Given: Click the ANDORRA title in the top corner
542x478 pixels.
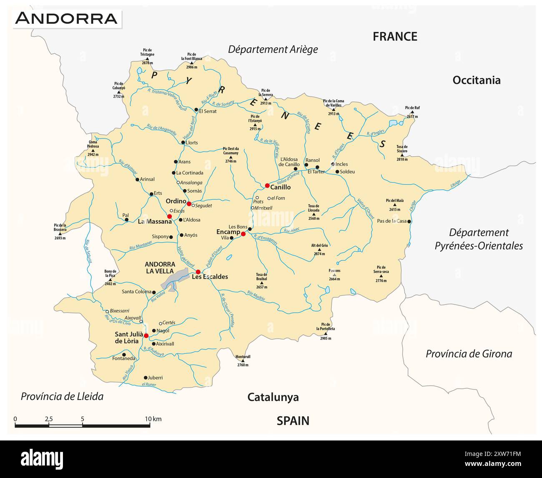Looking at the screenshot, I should (x=67, y=18).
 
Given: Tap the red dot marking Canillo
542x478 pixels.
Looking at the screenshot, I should (x=267, y=186).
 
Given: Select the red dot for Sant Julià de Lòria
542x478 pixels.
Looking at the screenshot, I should (x=146, y=335).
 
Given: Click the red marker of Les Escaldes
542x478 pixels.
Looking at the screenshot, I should (x=198, y=272).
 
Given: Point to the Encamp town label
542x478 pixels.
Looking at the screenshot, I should (x=228, y=232).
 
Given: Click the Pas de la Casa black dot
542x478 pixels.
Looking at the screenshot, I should (x=409, y=221).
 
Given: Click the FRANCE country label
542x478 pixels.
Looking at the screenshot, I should (x=394, y=37).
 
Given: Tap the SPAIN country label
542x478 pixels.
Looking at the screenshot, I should (x=293, y=421).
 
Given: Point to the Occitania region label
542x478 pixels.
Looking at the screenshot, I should (x=476, y=80).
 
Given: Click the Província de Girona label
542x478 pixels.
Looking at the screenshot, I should (x=469, y=354).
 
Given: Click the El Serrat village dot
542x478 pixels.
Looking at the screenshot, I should (x=196, y=110).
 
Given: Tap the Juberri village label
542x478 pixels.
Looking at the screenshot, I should (x=155, y=377).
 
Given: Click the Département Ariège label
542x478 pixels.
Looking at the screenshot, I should (x=273, y=49).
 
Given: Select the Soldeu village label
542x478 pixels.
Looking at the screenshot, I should (x=347, y=171).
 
